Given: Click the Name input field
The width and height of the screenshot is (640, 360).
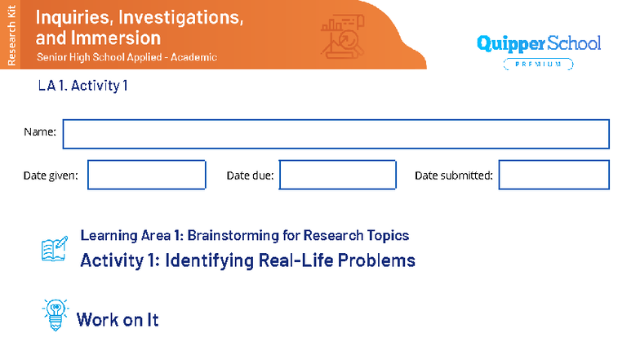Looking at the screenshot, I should coord(336,134).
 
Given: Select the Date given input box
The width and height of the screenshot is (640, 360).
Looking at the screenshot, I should coord(146,175).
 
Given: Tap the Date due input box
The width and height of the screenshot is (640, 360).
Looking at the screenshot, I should coord(337,175).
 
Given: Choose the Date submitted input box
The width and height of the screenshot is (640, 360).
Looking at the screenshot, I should coord(553,175).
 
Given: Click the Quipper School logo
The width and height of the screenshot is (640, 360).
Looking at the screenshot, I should coord(537,43).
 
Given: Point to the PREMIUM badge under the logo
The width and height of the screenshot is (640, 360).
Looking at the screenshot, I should coord(537,64).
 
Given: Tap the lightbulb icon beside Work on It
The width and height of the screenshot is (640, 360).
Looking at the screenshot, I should coord(55,315).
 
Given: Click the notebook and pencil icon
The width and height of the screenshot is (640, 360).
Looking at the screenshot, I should coord(55,249).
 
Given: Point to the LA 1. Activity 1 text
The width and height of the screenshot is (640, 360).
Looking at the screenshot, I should coord(83,85).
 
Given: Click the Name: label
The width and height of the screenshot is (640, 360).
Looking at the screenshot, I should coord(40,132).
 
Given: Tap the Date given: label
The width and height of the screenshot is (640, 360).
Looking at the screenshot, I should coord(51,176).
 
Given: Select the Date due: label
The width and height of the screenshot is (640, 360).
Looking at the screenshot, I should coord(250,176).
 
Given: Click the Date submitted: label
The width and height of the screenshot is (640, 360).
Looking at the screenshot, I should coord(453,176).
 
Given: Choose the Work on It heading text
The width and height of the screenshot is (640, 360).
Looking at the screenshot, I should coord(118,319).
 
